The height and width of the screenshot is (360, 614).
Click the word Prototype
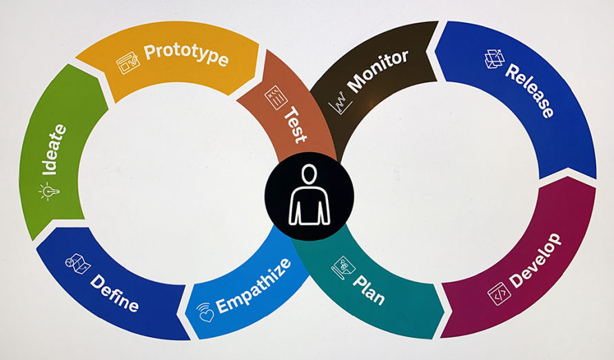coord(185,56)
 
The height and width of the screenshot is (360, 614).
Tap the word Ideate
coord(54,150)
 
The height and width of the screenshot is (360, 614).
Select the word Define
coord(114,292)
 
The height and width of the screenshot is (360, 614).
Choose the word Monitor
coord(378,71)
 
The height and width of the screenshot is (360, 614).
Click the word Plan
coord(369,289)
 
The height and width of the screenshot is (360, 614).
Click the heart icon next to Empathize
coord(206,314)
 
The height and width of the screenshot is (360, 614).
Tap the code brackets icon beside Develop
coord(498,294)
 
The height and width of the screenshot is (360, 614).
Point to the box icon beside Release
coord(494,59)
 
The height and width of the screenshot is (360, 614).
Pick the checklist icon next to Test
coord(276,97)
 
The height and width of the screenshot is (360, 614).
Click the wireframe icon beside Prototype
coord(127,63)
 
